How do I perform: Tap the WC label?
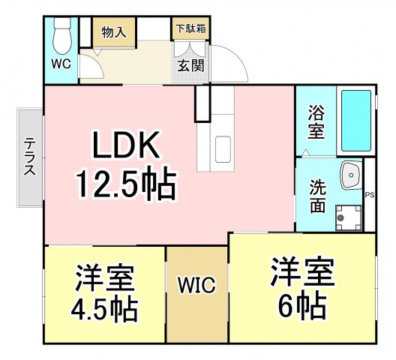(x=61, y=64)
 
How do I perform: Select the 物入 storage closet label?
(x=114, y=32)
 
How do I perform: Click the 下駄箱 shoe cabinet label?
(x=191, y=28)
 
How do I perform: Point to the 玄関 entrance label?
(x=190, y=66)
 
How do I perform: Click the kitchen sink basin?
(x=223, y=149)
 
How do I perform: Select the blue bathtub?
(x=355, y=121)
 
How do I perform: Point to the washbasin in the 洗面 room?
(x=351, y=175)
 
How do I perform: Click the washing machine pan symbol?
(x=349, y=217)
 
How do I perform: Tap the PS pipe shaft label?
(x=370, y=195)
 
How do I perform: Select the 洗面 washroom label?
(x=317, y=196)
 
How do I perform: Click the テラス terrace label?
(x=30, y=157)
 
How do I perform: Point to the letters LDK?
(x=126, y=145)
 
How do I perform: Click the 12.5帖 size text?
(x=126, y=182)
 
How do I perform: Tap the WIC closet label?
(x=196, y=285)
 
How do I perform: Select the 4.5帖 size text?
(x=104, y=307)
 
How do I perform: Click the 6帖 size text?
(x=302, y=304)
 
